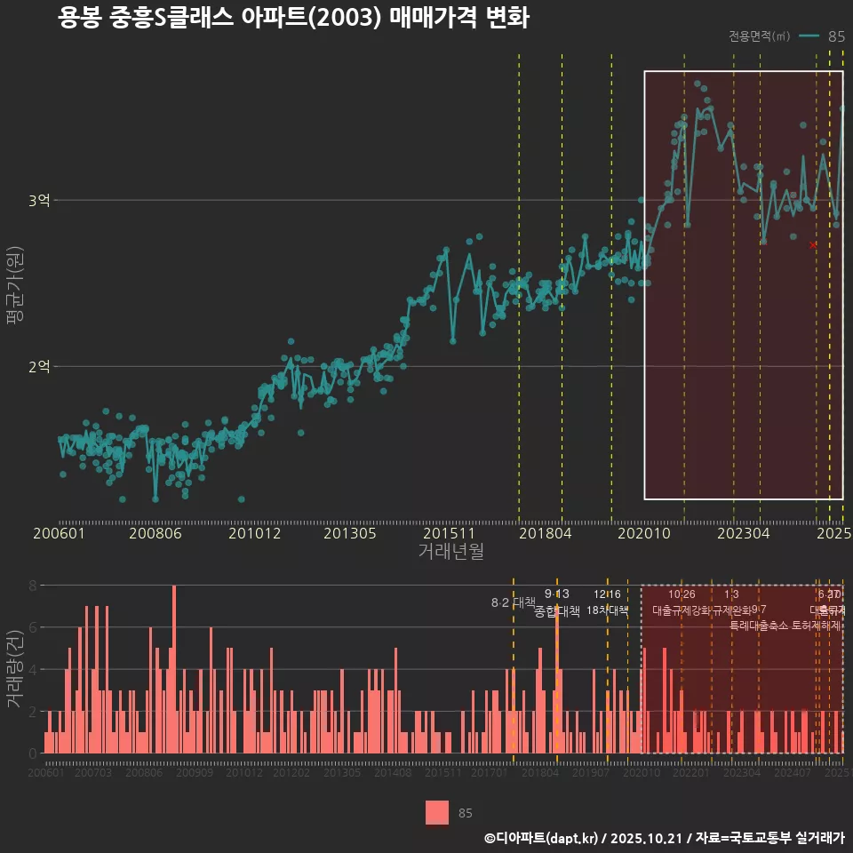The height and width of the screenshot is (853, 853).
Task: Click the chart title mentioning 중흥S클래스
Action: (293, 19)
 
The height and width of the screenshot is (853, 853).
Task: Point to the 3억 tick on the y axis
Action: (38, 201)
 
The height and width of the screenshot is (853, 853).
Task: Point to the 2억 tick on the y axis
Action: (38, 366)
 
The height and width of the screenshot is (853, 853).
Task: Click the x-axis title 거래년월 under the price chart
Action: (450, 552)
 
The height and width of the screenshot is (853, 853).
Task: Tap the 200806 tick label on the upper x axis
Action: (155, 534)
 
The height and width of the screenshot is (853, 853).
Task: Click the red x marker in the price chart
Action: (813, 244)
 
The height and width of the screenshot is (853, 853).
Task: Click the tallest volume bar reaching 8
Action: (174, 668)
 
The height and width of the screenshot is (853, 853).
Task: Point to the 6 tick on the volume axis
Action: (32, 627)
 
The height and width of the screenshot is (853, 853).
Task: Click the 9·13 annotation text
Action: (557, 594)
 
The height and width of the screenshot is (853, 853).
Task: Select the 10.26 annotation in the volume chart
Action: (682, 594)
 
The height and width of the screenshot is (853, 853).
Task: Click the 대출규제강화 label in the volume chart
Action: (681, 610)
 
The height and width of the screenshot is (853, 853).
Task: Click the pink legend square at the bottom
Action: (436, 812)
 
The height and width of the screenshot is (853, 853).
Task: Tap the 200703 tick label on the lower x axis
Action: (94, 773)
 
